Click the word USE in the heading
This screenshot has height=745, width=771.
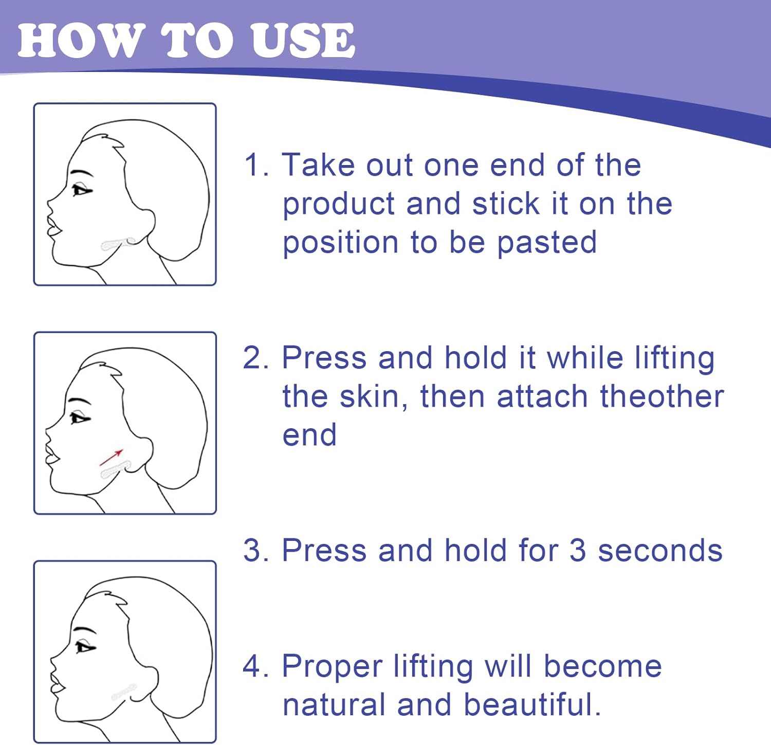pyautogui.click(x=303, y=40)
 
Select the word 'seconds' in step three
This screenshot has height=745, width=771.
pyautogui.click(x=660, y=551)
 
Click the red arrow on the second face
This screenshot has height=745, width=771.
pyautogui.click(x=111, y=457)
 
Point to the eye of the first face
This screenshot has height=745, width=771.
pyautogui.click(x=81, y=190)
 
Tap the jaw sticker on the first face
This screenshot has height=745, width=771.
pyautogui.click(x=118, y=244)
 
